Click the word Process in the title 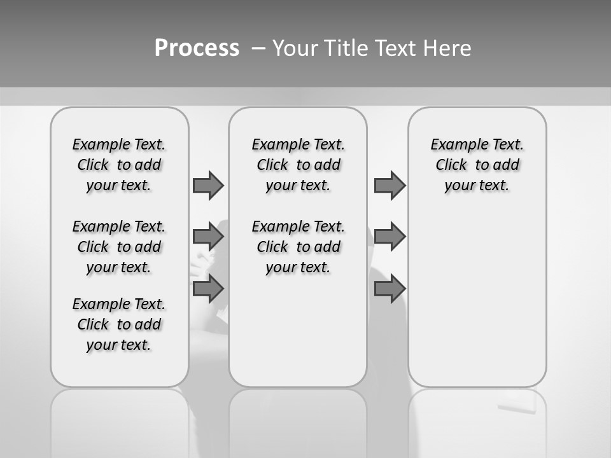coord(197,48)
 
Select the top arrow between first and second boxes coord(208,185)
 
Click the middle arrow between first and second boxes coord(208,237)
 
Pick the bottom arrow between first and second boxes coord(208,289)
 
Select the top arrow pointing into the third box coord(390,185)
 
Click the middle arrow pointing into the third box coord(390,237)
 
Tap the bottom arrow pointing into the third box coord(390,289)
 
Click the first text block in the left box coord(119,165)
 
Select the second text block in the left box coord(119,247)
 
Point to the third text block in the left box coord(119,324)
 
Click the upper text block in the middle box coord(298,165)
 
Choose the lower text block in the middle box coord(298,247)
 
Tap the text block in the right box coord(477,165)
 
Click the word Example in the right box coord(454,145)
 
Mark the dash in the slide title coord(258,48)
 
